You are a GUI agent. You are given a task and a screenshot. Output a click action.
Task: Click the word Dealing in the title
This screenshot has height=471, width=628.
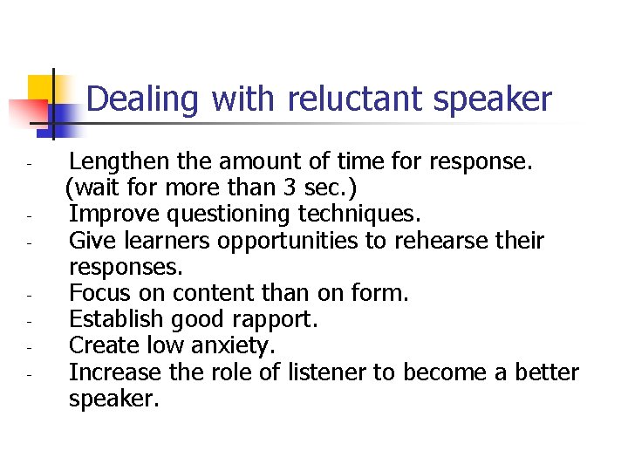click(x=143, y=99)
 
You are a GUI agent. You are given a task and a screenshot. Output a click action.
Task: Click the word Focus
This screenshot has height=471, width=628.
click(x=100, y=293)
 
